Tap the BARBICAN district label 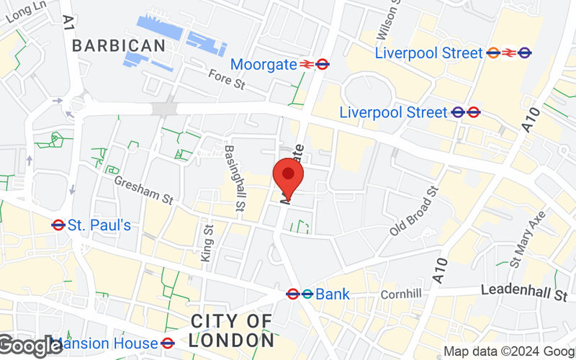119,45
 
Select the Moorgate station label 264,64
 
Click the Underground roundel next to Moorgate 323,64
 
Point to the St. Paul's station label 99,225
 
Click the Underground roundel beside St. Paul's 59,225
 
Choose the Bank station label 333,294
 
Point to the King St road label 208,243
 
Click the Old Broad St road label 415,212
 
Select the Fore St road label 227,84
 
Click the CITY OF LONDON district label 232,330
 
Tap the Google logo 30,346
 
